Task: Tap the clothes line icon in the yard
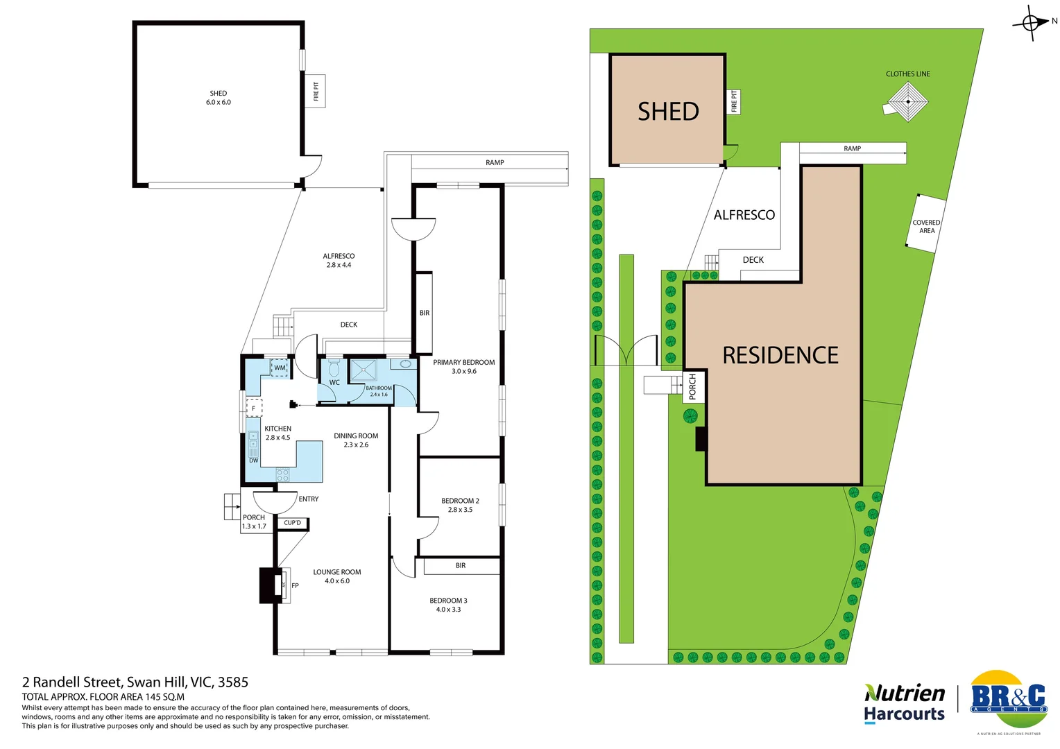pos(908,101)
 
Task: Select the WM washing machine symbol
pos(280,368)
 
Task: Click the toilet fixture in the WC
pos(334,367)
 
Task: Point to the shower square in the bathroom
pos(364,370)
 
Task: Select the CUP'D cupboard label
pos(293,523)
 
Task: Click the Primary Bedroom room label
pos(463,362)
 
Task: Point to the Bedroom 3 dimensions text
pos(448,610)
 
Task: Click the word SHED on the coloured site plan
pos(668,112)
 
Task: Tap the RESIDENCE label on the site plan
pos(780,355)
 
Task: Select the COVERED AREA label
pos(927,227)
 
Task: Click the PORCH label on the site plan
pos(692,387)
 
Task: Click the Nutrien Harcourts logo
pos(904,703)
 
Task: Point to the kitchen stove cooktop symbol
pos(282,475)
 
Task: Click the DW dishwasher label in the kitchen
pos(254,460)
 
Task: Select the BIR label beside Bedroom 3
pos(461,566)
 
